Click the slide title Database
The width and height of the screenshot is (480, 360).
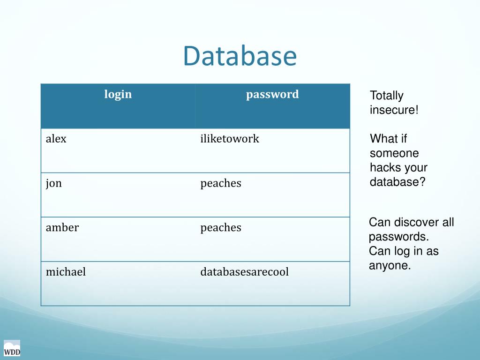(240, 56)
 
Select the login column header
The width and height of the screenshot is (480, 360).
(118, 94)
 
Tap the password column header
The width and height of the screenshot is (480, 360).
(272, 94)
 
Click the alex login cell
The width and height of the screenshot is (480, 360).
(56, 139)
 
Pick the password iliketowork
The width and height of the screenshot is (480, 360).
(230, 139)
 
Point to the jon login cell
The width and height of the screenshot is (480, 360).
(54, 183)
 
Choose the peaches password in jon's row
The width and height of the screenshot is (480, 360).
(221, 183)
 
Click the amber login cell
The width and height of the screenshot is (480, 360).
(62, 228)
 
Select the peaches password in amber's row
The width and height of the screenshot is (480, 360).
(221, 228)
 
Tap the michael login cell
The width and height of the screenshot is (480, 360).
(66, 272)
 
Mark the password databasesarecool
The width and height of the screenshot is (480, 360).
(245, 272)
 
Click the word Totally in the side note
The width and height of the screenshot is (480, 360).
(386, 96)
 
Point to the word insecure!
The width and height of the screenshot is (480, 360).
(394, 110)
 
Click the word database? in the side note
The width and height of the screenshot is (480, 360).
(397, 182)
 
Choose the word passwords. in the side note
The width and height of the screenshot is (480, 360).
(399, 237)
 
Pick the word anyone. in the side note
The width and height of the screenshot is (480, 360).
(390, 266)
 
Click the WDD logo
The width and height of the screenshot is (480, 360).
(12, 348)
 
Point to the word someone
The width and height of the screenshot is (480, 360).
(394, 153)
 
